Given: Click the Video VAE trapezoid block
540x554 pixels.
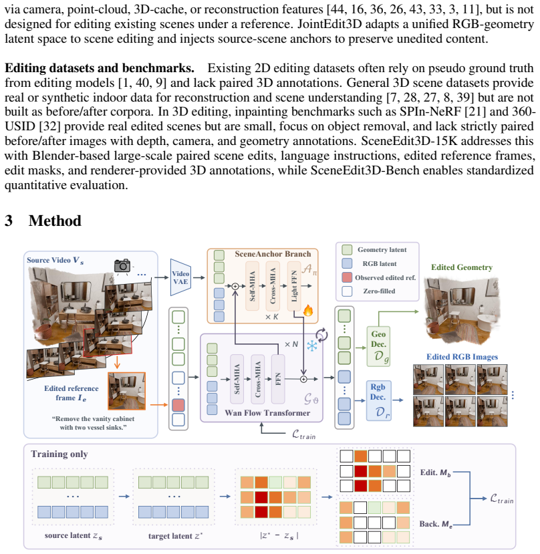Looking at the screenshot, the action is (180, 277).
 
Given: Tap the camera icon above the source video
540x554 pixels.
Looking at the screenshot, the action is (122, 266).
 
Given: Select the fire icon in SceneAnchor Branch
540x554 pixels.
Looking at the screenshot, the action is (308, 311).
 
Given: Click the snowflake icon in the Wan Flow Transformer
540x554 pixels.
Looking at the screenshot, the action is (312, 346).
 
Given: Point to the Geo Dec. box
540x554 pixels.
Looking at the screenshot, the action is (378, 346).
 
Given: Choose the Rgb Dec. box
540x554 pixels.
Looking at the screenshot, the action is (378, 401).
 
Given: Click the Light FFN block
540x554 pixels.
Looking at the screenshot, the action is (294, 286).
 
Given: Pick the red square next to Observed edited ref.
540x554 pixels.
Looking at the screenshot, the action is (347, 277).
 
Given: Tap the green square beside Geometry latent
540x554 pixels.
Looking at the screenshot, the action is (347, 250).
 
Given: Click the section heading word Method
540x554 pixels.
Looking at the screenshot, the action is (55, 221).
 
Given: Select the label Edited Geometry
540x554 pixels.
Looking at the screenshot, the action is (462, 267).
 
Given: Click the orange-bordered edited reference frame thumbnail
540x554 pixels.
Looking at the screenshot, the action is (126, 391).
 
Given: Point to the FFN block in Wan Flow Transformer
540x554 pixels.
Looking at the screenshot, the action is (278, 379).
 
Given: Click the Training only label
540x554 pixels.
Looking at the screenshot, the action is (59, 454).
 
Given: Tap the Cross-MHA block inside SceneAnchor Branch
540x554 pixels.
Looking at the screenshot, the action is (273, 286).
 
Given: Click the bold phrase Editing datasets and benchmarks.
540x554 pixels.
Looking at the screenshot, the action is (100, 68).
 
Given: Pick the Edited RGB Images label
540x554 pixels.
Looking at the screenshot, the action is (462, 357).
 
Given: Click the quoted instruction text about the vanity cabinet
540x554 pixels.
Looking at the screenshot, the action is (94, 423).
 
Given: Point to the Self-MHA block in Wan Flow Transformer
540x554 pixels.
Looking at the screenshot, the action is (237, 379).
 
